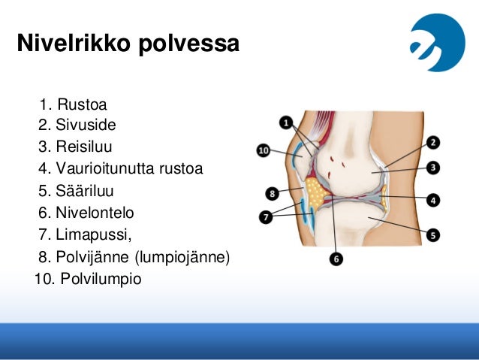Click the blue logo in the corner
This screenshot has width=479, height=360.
coord(437,43)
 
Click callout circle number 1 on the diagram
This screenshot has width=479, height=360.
coord(287,121)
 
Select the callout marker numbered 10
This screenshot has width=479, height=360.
coord(263,150)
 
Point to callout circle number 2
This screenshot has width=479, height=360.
coord(433,142)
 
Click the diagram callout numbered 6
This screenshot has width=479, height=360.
coord(336,259)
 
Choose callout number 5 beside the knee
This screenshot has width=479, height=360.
coord(433,235)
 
